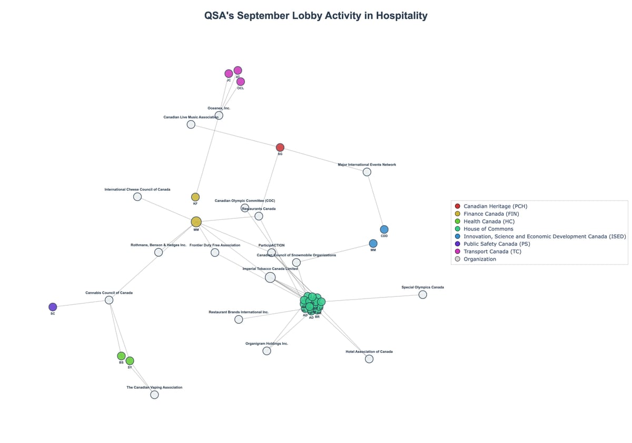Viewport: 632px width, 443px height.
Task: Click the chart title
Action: pos(316,16)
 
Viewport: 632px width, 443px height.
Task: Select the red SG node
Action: pos(280,147)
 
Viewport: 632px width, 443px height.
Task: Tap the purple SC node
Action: pos(53,307)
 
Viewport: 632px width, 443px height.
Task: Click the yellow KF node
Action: pos(195,197)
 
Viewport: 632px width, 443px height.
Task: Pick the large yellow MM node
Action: pos(196,222)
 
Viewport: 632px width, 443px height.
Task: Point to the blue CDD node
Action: pos(384,229)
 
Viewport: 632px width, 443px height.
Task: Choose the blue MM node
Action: pos(373,244)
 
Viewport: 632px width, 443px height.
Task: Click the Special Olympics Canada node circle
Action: pos(422,294)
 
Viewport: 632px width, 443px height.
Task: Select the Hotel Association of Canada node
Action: pos(369,359)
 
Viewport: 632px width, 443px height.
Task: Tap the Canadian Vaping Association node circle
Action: pos(154,394)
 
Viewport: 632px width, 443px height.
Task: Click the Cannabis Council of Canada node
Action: pos(109,300)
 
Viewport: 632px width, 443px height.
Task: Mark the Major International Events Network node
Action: pos(367,172)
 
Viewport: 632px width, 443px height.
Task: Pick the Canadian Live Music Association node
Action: pos(191,124)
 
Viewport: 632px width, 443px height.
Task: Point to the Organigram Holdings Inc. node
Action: pos(267,351)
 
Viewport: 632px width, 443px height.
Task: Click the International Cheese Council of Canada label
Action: pos(137,189)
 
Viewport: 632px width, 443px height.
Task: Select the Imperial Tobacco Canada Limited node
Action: pos(270,277)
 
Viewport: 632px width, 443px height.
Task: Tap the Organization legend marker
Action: pos(457,259)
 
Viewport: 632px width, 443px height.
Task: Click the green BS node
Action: pos(121,356)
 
